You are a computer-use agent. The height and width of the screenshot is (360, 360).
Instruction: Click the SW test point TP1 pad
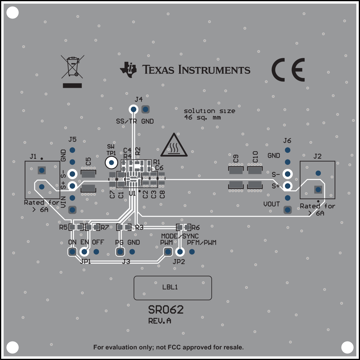[x=112, y=163]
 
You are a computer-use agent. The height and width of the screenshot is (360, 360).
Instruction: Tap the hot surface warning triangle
[x=174, y=145]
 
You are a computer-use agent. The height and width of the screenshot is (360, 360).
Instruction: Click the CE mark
[x=288, y=70]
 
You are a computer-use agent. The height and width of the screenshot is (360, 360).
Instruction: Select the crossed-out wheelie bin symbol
[x=72, y=67]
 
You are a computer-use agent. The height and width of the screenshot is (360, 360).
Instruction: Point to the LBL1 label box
[x=173, y=288]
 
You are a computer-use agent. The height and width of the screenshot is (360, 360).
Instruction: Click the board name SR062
[x=166, y=310]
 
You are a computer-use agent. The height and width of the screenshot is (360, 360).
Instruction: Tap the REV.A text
[x=160, y=321]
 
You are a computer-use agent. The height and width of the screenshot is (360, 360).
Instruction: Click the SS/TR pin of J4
[x=133, y=109]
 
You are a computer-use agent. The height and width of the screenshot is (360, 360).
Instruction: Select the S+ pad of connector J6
[x=287, y=186]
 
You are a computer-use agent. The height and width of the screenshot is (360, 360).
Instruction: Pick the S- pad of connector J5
[x=72, y=174]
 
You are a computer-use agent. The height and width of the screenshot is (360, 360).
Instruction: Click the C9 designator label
[x=236, y=159]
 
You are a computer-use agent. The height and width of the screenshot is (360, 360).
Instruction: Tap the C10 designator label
[x=255, y=157]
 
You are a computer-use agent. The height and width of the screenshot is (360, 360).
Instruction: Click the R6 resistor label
[x=196, y=228]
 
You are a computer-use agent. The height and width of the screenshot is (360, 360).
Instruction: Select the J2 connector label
[x=317, y=156]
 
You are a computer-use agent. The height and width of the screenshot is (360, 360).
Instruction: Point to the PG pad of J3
[x=120, y=252]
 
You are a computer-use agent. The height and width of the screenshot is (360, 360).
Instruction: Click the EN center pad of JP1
[x=84, y=252]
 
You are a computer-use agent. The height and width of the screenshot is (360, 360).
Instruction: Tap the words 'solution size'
[x=209, y=111]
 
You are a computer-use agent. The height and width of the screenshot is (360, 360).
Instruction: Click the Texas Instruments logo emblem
[x=128, y=69]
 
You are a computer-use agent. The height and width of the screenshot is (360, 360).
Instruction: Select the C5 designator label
[x=88, y=162]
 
